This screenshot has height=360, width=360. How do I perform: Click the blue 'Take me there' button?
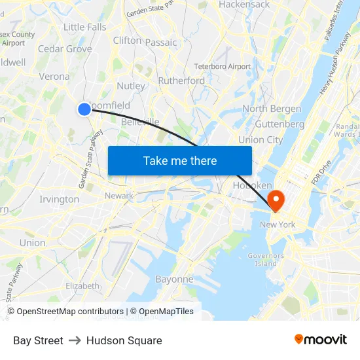(x=180, y=160)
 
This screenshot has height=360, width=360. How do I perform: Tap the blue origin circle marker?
(x=84, y=109)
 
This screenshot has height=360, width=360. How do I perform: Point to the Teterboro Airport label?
(x=223, y=67)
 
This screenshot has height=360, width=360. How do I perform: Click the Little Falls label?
(x=84, y=27)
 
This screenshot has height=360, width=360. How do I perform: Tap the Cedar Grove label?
(x=65, y=49)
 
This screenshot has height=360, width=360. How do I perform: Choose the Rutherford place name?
(x=181, y=81)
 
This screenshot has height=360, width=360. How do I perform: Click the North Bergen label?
(x=272, y=109)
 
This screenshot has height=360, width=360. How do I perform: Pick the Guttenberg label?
(x=279, y=124)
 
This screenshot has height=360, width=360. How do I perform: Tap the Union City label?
(x=261, y=139)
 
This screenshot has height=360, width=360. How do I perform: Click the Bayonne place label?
(x=174, y=279)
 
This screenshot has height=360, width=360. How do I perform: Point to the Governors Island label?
(x=266, y=259)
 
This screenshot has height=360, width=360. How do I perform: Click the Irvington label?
(x=59, y=199)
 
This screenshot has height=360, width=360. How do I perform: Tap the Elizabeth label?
(x=82, y=286)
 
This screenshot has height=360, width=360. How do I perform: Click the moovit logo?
(x=321, y=339)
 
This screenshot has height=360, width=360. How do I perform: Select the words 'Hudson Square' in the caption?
(x=124, y=340)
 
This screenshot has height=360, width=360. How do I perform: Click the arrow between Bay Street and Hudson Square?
(x=75, y=340)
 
